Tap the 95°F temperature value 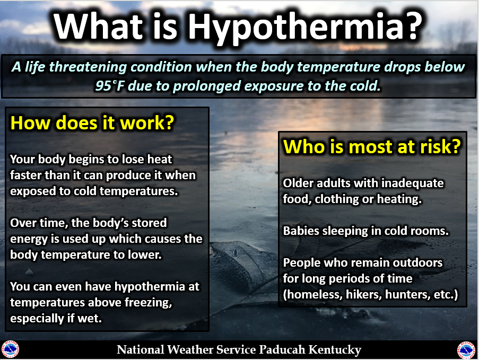pyautogui.click(x=110, y=86)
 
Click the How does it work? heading pyautogui.click(x=92, y=123)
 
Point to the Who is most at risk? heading pyautogui.click(x=372, y=146)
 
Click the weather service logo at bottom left pyautogui.click(x=10, y=349)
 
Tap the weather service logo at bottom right pyautogui.click(x=466, y=350)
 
